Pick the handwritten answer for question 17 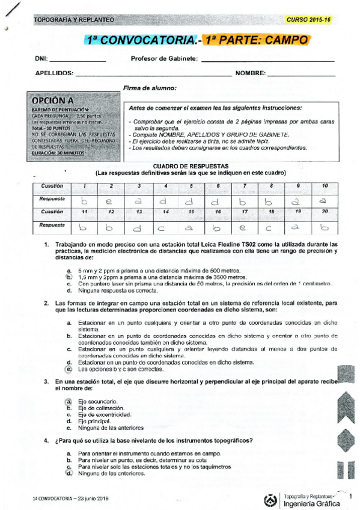245,228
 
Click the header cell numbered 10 325,186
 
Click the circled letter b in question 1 69,277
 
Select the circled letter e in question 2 69,369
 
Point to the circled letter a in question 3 69,401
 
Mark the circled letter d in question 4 69,473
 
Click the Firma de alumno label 150,88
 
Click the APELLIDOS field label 54,73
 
